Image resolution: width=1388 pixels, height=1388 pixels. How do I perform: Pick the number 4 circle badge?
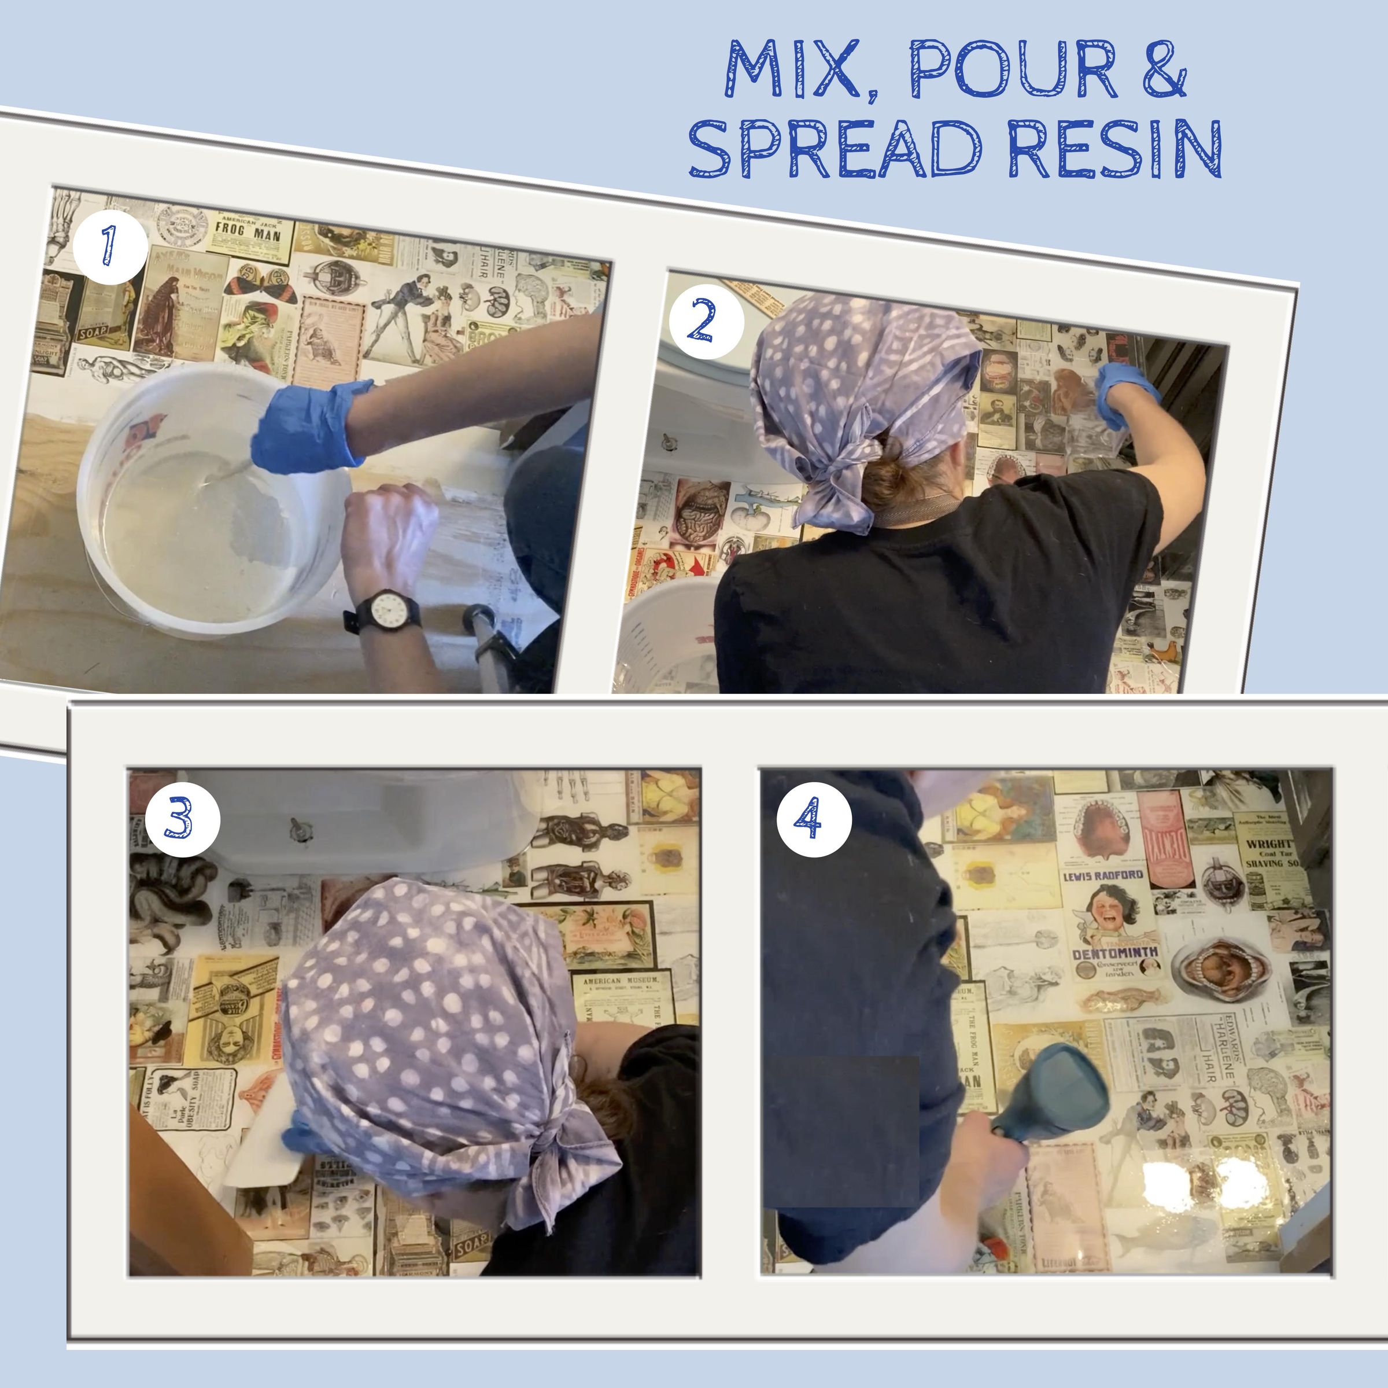[813, 819]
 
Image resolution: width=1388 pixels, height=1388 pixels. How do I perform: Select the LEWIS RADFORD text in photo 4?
[1103, 875]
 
